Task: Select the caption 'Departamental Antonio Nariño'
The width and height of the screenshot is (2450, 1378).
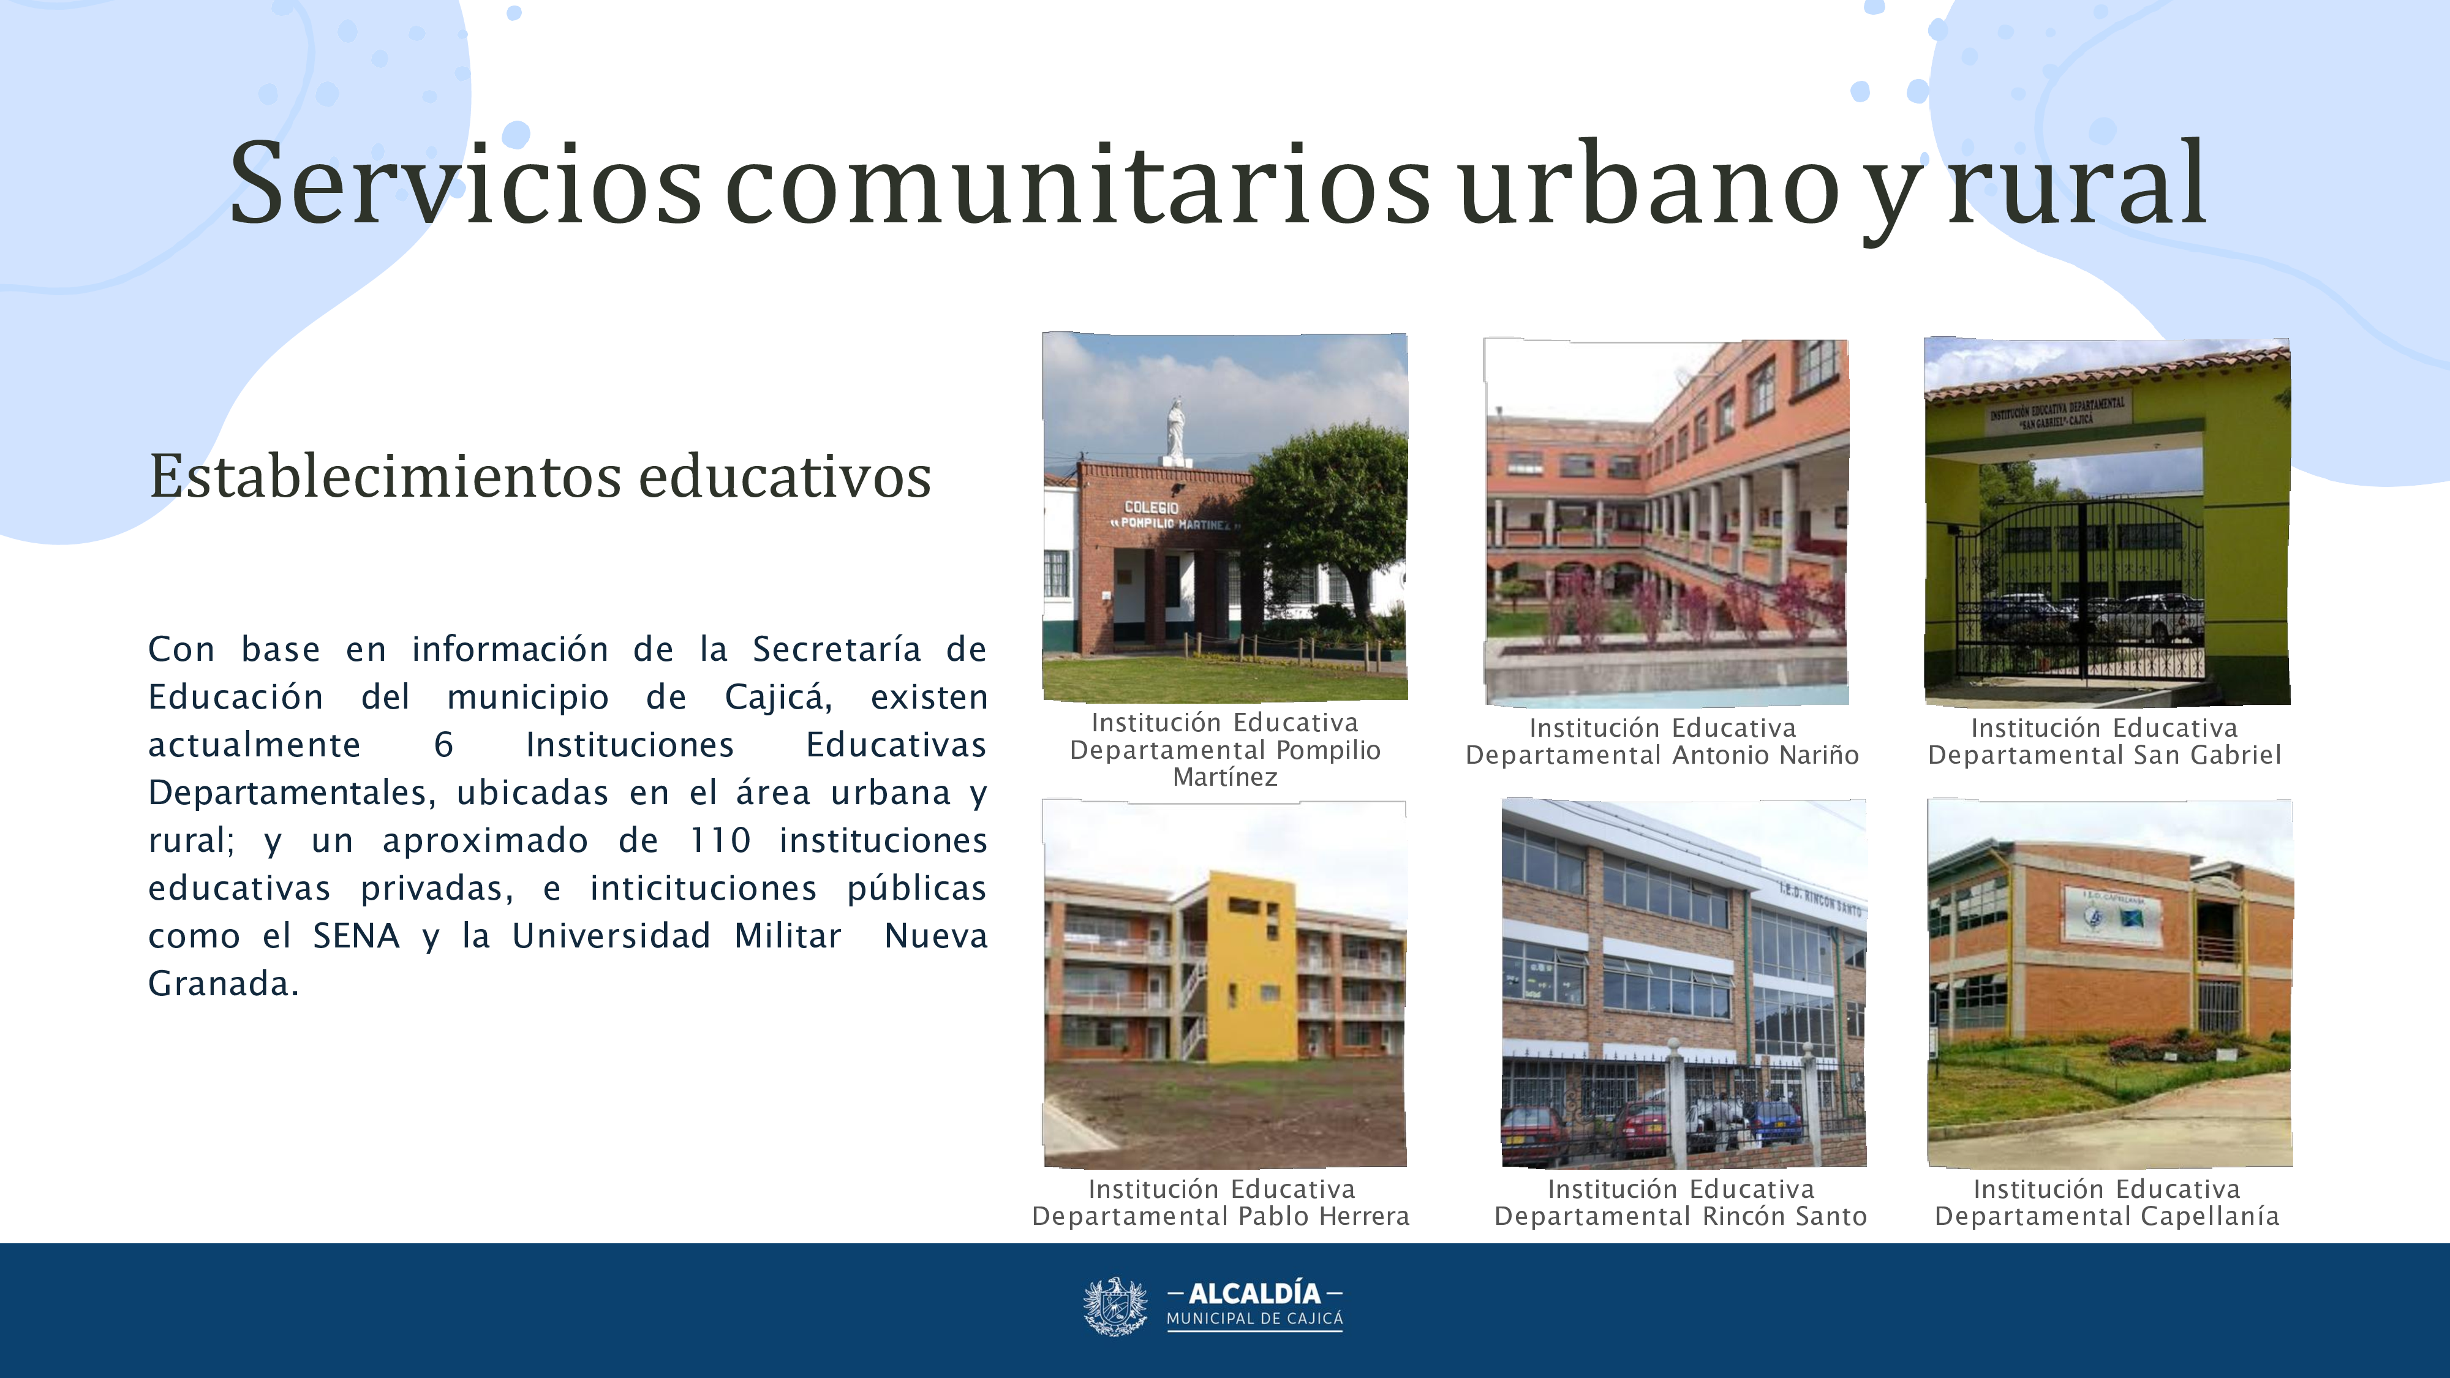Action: point(1662,755)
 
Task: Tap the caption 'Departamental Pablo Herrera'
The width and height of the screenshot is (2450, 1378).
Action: point(1220,1216)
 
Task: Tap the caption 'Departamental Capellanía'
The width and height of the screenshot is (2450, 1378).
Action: point(2106,1216)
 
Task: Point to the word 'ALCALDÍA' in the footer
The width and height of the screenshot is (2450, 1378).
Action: point(1254,1293)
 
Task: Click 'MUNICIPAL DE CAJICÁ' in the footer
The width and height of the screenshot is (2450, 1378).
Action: point(1254,1319)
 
